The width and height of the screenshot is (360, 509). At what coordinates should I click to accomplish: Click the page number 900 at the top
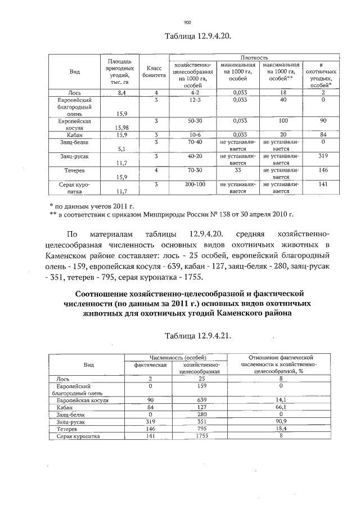point(188,22)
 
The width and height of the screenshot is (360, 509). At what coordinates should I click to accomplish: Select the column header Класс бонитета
point(150,70)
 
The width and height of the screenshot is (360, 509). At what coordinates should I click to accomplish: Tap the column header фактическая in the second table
point(150,365)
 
